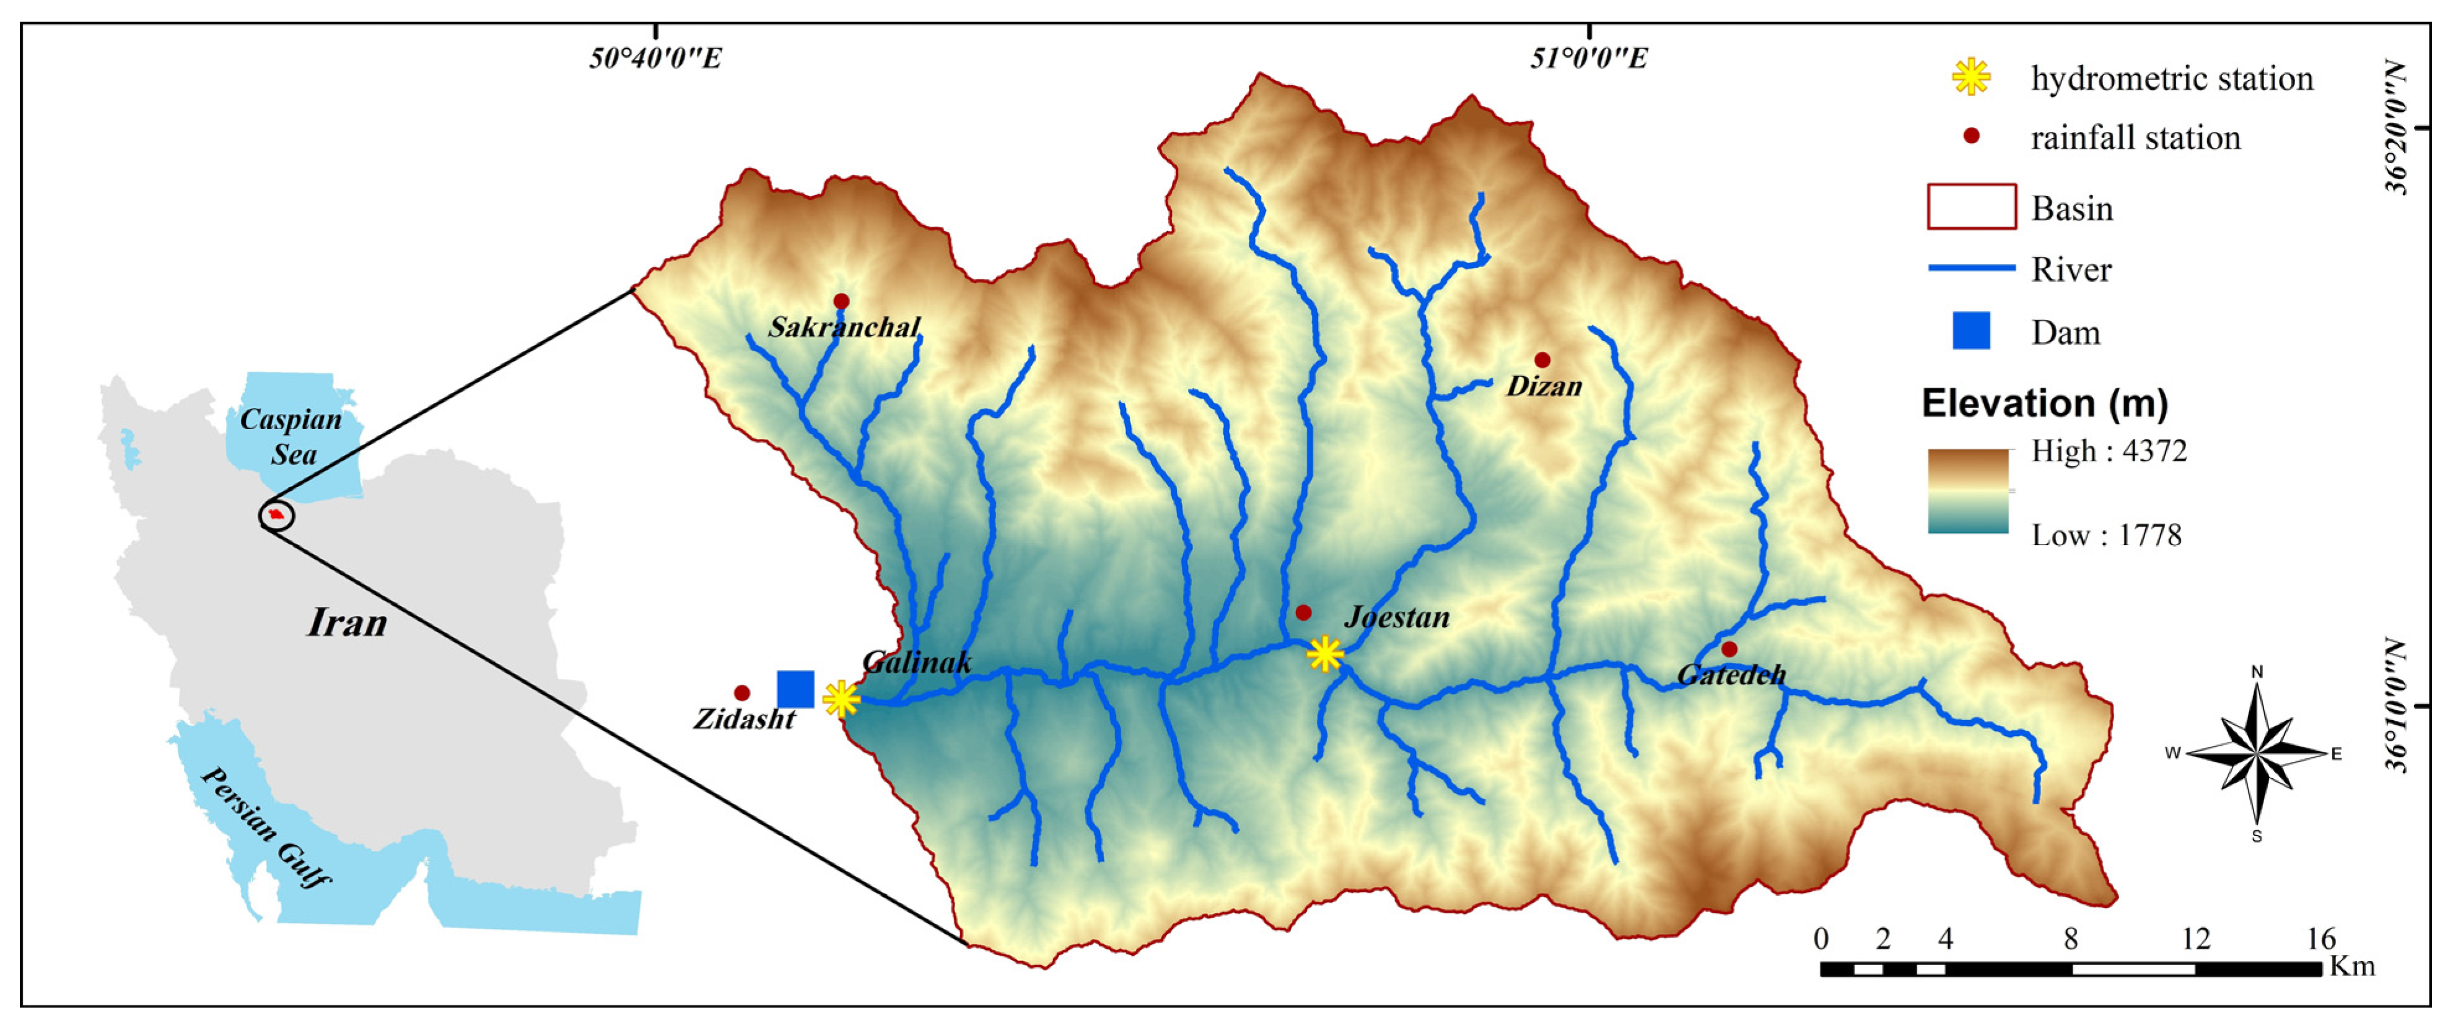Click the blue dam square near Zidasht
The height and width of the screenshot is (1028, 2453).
pos(795,689)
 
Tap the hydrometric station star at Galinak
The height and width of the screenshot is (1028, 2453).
pos(841,699)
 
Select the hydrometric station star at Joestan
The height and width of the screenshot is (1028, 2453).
pos(1324,654)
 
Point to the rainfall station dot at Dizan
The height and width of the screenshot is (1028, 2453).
pos(1542,360)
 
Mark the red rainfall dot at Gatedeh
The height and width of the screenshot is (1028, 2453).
pos(1729,649)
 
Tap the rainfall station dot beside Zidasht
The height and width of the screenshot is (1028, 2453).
pos(742,693)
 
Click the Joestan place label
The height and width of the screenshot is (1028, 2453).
pos(1397,618)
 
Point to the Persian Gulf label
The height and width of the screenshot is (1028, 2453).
pos(266,827)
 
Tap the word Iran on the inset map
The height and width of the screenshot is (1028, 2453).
pos(348,623)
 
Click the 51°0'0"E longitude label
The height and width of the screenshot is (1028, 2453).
pos(1588,59)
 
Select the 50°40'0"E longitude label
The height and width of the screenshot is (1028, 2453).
pos(655,59)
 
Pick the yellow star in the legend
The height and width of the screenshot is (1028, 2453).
pos(1970,77)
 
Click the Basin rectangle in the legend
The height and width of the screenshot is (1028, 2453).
pos(1971,207)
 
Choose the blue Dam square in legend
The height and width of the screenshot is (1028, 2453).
pos(1971,330)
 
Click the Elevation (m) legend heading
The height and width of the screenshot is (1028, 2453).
pos(2045,404)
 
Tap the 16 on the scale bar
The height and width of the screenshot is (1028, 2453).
pos(2320,939)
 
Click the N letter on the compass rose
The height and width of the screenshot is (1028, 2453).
pos(2256,672)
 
